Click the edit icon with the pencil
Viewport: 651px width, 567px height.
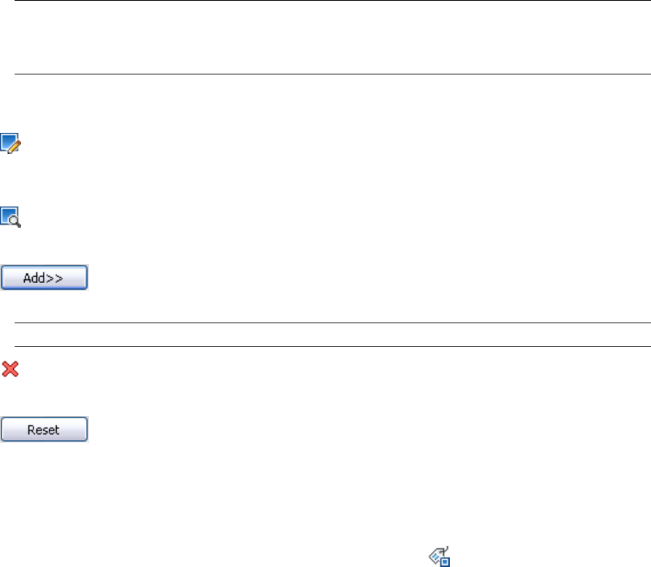tap(11, 143)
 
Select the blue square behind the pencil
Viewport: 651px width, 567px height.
tap(7, 140)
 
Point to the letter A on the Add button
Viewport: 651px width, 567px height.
tap(28, 279)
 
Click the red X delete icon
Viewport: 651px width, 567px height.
tap(10, 370)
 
